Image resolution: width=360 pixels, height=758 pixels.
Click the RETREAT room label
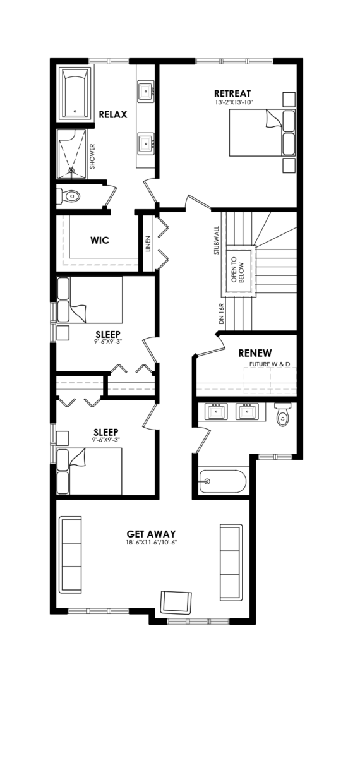pos(232,93)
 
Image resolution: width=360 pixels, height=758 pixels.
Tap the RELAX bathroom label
pos(113,114)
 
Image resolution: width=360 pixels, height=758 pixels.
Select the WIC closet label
pos(100,240)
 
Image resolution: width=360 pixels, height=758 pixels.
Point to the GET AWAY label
pos(151,534)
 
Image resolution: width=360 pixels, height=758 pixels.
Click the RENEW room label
pos(255,353)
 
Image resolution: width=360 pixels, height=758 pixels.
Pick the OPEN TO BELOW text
pos(238,272)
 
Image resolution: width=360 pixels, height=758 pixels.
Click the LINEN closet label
pos(148,244)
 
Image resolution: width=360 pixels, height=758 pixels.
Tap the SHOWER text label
pos(92,157)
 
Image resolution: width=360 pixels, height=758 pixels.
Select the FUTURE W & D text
pos(270,364)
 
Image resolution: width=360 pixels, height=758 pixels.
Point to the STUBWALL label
pos(217,240)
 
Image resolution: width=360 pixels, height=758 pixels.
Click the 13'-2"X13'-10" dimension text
pos(234,102)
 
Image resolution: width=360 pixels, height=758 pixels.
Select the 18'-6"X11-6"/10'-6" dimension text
pos(152,543)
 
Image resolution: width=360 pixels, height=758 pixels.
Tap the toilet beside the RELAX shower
pos(69,196)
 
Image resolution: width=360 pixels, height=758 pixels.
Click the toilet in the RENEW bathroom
pos(282,414)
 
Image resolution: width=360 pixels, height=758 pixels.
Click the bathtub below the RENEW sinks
pos(222,481)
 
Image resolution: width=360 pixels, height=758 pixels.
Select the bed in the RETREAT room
pos(262,132)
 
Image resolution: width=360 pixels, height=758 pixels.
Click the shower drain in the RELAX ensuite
pos(72,170)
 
